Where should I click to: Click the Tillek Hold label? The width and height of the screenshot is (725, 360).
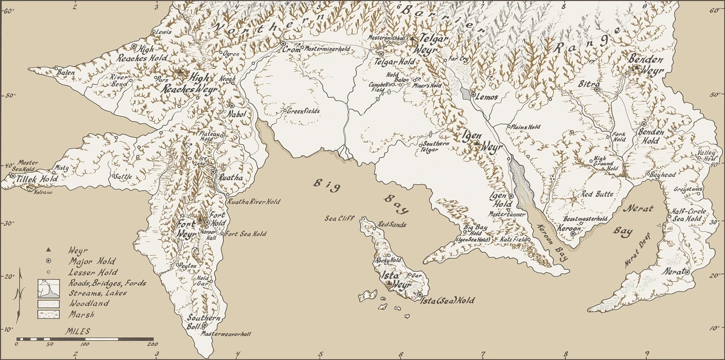coord(33,179)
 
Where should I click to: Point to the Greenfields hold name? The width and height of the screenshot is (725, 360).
coord(303,111)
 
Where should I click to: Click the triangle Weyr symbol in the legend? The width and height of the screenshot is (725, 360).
coord(47,249)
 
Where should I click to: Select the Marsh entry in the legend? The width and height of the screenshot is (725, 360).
coord(78,315)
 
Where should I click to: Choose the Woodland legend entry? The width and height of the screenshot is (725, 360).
coord(89,304)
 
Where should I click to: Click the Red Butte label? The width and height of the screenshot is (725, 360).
coord(597,194)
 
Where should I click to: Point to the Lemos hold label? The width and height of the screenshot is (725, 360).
coord(487,97)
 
